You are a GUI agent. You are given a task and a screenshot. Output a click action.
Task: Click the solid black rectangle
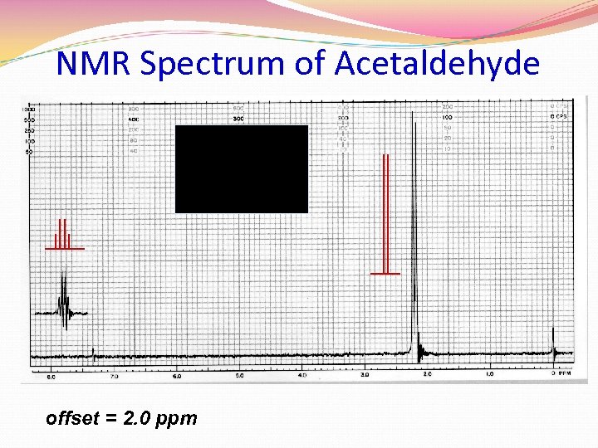(241, 169)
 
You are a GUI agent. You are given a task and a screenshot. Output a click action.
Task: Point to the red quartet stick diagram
(64, 236)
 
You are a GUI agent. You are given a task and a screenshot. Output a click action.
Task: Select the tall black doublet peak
(414, 232)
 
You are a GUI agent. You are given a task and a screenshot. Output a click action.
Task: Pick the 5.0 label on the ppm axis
(239, 376)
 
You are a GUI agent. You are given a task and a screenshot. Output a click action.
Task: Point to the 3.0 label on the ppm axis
(365, 375)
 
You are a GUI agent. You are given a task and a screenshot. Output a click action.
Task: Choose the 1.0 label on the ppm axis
(490, 375)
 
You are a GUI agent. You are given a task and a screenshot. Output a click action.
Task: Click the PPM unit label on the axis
(566, 374)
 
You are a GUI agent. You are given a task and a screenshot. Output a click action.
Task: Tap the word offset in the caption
(71, 418)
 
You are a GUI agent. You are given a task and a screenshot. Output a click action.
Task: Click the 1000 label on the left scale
(28, 110)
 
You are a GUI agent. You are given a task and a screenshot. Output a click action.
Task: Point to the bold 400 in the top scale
(133, 119)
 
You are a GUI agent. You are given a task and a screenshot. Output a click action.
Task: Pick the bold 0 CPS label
(559, 117)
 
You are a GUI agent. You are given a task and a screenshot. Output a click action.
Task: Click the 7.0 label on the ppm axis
(114, 376)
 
